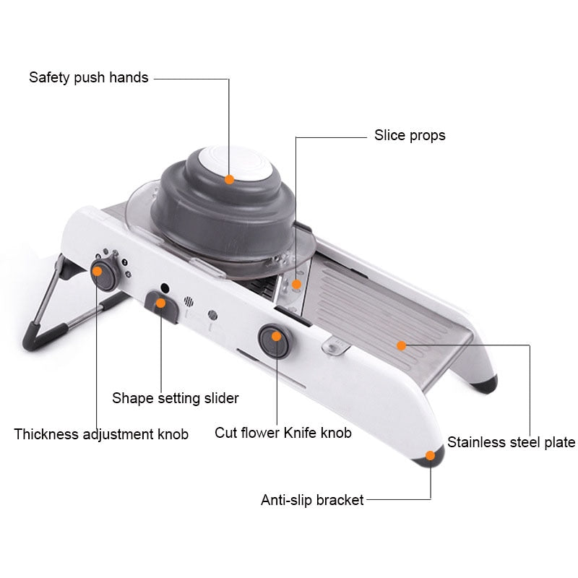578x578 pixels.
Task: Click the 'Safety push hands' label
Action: tap(88, 77)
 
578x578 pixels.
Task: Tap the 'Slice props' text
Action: tap(409, 135)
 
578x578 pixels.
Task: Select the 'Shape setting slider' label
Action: tap(175, 397)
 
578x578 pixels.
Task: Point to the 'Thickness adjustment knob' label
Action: tap(101, 434)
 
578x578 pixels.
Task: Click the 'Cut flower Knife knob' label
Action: tap(283, 433)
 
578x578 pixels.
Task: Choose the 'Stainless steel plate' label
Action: tap(511, 442)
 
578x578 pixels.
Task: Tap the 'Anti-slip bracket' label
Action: tap(312, 499)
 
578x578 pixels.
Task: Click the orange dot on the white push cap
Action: tap(229, 179)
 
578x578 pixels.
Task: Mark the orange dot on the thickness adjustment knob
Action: tap(98, 271)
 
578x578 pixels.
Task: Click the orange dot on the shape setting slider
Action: tap(161, 303)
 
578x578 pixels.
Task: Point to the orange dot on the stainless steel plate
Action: tap(401, 345)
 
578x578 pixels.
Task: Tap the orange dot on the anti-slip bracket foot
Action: tap(431, 455)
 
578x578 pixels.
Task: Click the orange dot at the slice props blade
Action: tap(296, 284)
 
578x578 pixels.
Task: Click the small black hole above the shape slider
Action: tap(165, 287)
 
